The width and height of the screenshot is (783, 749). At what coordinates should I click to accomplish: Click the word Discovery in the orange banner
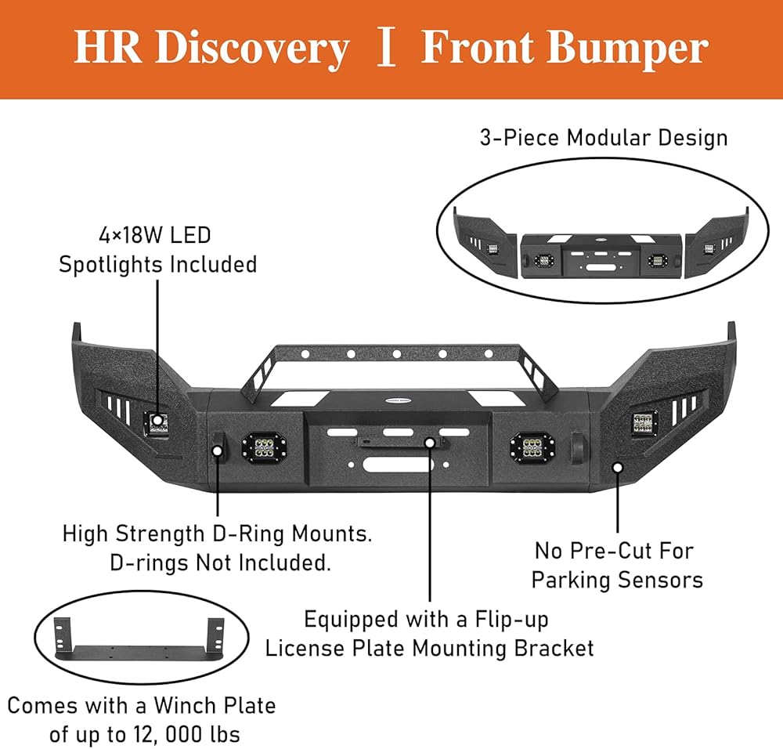coord(251,49)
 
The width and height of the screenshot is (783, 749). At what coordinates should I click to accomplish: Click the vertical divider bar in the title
coord(385,48)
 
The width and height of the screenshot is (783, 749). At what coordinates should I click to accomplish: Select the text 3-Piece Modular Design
coord(604,137)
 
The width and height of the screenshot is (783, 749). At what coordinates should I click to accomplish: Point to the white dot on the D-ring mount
coord(217,450)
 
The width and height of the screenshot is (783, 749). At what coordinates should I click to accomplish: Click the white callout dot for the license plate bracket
coord(429,442)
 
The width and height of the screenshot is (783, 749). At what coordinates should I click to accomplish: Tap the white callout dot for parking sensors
coord(618,467)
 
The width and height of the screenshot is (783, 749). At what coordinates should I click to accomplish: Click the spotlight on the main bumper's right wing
coord(644,423)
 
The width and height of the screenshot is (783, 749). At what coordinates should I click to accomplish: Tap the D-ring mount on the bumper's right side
coord(579,446)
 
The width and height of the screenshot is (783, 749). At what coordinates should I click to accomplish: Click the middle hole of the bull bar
coord(397,354)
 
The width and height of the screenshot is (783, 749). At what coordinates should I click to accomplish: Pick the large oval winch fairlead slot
coord(398,465)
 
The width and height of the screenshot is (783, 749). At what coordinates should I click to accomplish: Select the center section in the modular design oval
coord(602,255)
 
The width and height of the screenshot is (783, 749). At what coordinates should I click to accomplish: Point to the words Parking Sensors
coord(617,580)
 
